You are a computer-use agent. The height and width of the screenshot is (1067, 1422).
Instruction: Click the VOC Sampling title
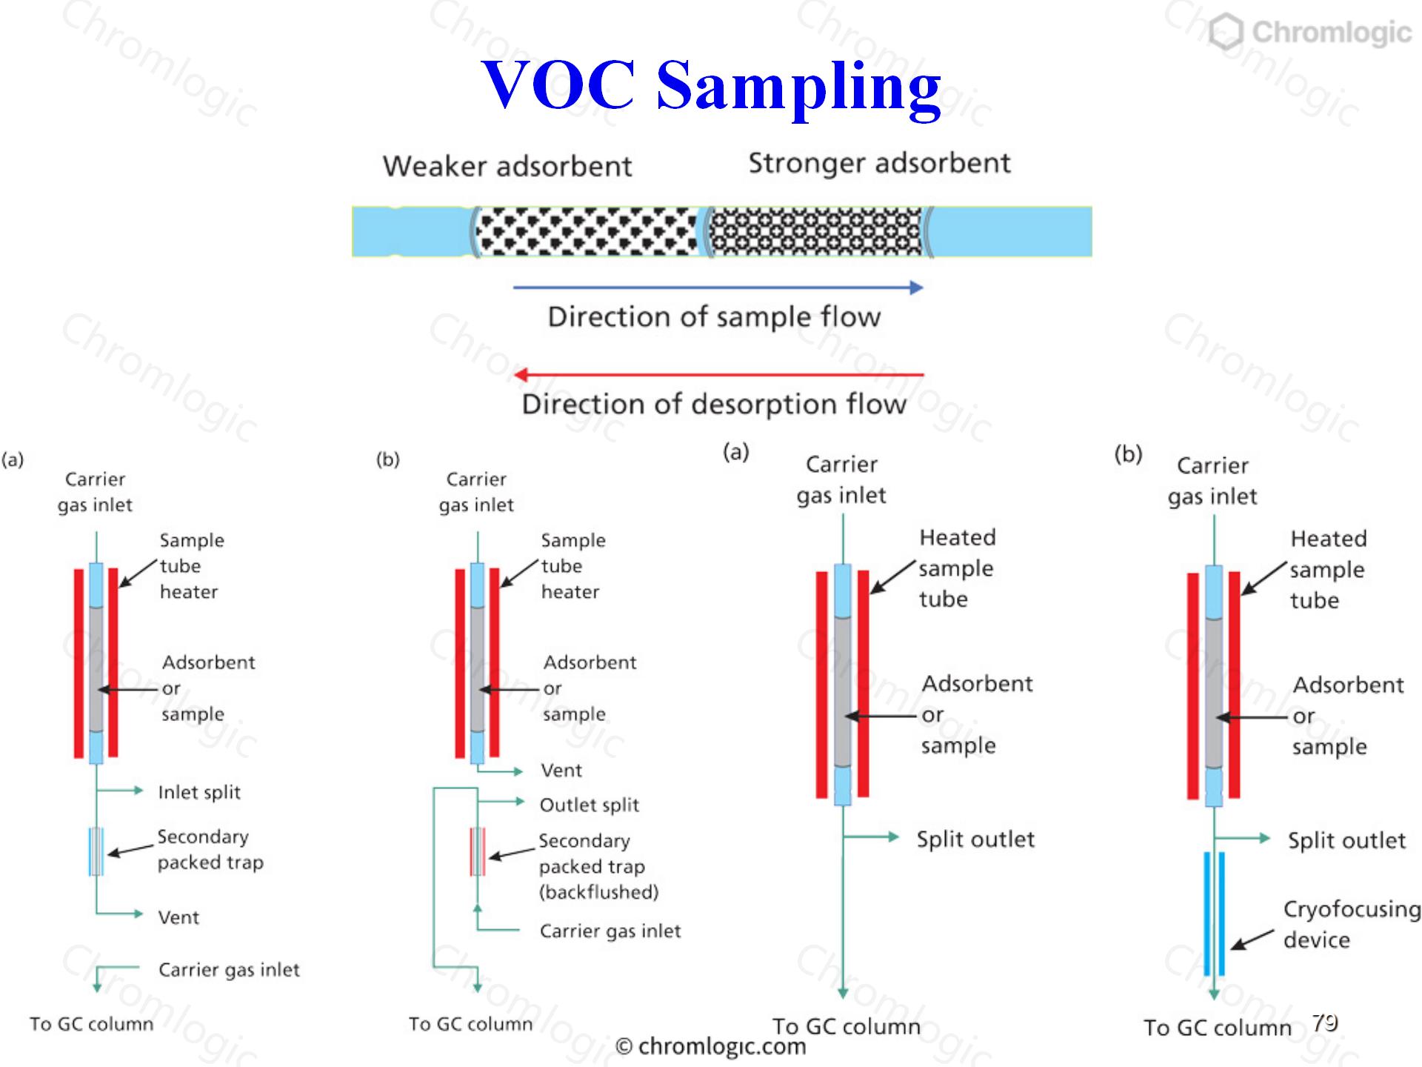coord(711,87)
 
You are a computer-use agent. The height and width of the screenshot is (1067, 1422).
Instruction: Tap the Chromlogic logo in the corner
coord(1310,33)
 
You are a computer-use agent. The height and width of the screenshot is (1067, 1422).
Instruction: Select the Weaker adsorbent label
coord(507,166)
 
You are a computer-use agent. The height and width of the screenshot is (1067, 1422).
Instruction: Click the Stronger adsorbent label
coord(879,163)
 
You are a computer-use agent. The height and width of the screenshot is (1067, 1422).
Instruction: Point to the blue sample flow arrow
coord(718,287)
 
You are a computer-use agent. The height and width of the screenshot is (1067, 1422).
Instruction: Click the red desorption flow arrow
coord(718,374)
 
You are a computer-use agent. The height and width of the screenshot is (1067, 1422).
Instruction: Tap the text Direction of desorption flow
coord(714,405)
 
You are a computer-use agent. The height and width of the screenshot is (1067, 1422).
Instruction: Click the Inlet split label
coord(199,792)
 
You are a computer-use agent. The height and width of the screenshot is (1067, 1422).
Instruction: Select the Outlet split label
coord(590,805)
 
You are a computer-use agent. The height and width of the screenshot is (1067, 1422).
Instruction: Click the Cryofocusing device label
coord(1352,924)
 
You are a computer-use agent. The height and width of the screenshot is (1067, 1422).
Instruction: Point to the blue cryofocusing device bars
coord(1214,914)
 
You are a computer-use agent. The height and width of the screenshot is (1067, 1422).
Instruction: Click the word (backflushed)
coord(599,891)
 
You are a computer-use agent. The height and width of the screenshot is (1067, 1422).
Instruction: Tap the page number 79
coord(1325,1023)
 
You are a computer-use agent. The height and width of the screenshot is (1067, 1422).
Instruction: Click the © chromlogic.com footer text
coord(711,1046)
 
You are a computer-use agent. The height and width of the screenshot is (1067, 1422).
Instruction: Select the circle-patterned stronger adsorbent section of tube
coord(815,231)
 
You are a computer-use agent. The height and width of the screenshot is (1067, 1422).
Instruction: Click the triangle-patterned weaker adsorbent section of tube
coord(587,231)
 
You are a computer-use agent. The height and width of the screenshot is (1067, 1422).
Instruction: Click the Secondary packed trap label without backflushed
coord(210,849)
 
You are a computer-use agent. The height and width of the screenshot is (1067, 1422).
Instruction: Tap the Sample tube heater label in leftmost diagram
coord(192,566)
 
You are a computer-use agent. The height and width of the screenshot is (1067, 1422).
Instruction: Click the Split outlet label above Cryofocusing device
coord(1346,840)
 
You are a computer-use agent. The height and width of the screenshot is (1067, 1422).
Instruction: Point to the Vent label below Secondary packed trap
coord(178,917)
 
